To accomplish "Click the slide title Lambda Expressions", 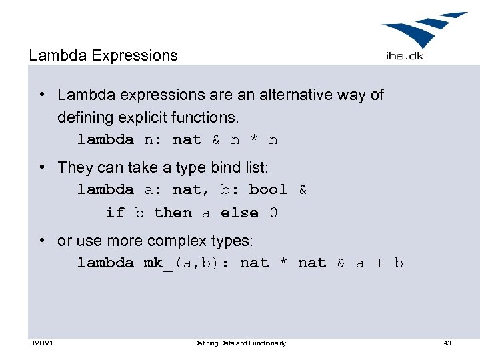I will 103,55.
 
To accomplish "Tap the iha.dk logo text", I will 405,56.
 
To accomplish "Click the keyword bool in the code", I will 268,190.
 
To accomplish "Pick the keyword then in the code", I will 173,213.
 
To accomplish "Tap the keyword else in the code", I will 239,213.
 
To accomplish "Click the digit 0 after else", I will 273,213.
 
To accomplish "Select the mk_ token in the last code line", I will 157,263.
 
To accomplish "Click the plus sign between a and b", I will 379,263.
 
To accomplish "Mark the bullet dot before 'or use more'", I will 41,240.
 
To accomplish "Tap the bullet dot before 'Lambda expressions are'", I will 41,95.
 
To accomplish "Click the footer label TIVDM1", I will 41,343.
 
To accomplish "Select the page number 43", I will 447,343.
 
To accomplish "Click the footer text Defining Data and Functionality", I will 239,343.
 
